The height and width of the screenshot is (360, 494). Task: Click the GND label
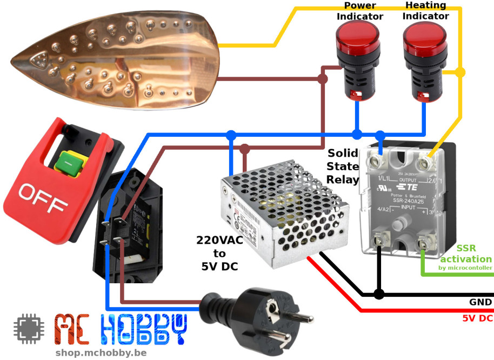tap(480, 302)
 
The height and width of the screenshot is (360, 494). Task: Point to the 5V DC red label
tap(477, 318)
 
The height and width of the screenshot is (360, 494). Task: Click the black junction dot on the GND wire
tap(379, 294)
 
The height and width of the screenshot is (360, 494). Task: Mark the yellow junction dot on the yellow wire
tap(460, 72)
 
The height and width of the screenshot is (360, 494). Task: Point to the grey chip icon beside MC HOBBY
tap(28, 329)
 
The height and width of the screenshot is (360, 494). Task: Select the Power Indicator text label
tap(360, 11)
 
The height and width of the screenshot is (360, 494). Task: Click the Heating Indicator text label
tap(426, 11)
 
